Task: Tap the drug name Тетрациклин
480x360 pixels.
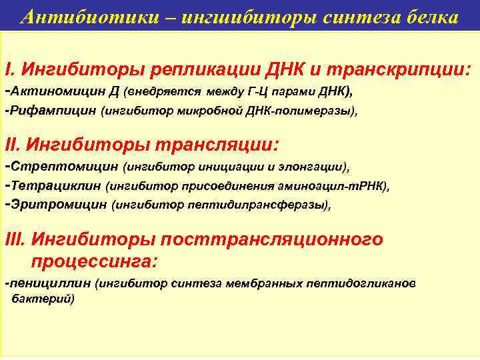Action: coord(55,185)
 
